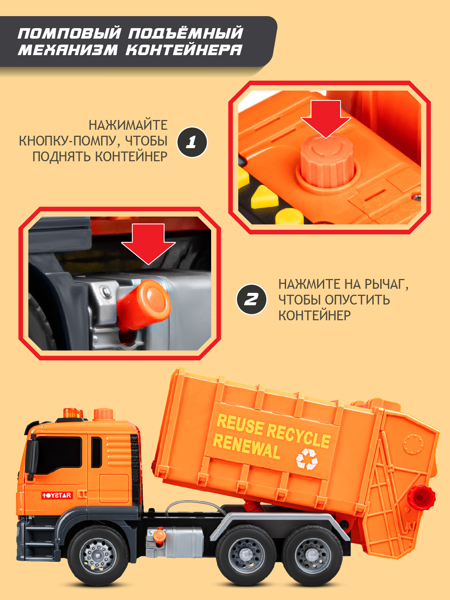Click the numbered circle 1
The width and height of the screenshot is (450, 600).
point(192,142)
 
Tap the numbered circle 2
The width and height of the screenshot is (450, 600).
point(251,299)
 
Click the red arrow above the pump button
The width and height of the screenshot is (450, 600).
point(325,119)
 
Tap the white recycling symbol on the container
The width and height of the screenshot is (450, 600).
point(307,459)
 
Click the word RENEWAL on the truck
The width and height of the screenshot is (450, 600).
point(246,446)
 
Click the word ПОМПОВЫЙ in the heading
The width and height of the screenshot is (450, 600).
point(69,33)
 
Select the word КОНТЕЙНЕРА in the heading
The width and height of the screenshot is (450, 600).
point(184,50)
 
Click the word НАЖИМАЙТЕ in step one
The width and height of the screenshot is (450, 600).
point(128,125)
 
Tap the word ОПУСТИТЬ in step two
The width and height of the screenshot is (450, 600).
point(357,300)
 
